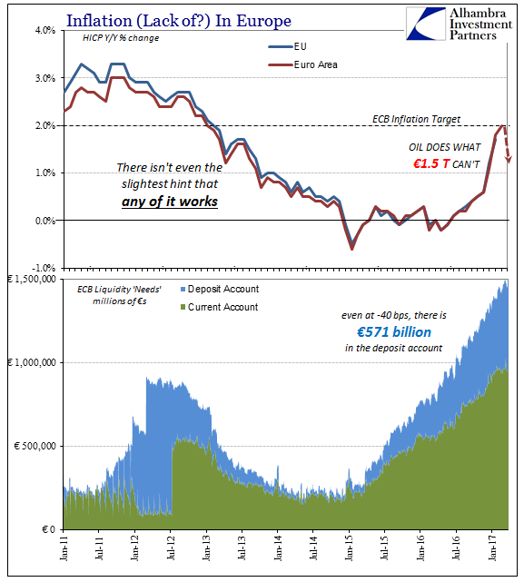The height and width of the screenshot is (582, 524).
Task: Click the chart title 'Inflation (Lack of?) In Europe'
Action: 179,20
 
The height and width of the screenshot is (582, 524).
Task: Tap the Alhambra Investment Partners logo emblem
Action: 426,24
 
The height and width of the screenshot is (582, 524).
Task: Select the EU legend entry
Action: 288,46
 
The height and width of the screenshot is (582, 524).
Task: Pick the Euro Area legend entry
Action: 303,64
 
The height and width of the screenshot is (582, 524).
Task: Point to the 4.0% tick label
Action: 45,30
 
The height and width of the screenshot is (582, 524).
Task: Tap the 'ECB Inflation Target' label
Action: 416,119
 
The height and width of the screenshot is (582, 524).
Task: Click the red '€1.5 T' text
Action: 431,163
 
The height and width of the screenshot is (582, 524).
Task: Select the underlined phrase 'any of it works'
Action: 170,202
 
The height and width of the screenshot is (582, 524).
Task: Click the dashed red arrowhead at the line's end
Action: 508,160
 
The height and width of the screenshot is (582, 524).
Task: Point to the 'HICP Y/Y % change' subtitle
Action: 121,38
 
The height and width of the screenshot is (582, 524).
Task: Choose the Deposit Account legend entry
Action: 220,289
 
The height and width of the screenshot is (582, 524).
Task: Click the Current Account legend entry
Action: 219,307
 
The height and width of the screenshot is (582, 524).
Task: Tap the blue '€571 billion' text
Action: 394,331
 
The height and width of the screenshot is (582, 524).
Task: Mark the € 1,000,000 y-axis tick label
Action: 32,362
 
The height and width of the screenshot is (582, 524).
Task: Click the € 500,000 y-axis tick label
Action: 35,446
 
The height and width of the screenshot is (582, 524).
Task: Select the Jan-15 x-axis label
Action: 349,547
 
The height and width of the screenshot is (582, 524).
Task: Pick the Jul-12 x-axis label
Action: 170,547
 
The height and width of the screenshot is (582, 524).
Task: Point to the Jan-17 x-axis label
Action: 491,547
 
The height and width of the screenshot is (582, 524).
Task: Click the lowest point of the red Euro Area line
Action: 351,249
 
